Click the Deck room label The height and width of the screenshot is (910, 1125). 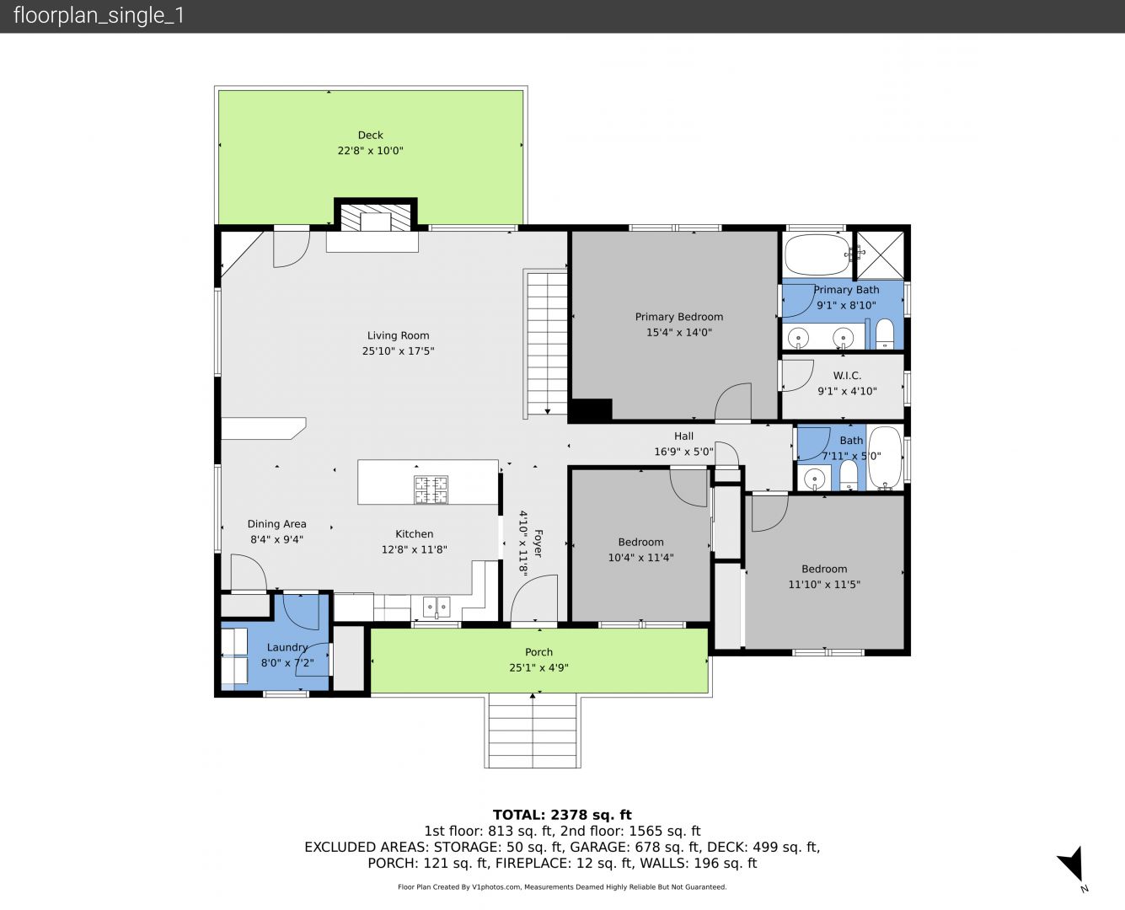(x=370, y=135)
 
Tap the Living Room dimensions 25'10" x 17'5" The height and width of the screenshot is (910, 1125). (x=399, y=351)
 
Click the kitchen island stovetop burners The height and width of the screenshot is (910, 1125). (x=431, y=490)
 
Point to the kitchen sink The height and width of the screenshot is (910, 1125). (x=437, y=608)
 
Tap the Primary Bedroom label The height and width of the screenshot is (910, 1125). (x=679, y=317)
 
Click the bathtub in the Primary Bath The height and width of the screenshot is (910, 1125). (x=817, y=254)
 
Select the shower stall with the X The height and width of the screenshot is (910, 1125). (x=880, y=255)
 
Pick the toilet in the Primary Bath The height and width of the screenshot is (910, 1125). (x=885, y=334)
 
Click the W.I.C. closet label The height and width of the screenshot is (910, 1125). (x=847, y=376)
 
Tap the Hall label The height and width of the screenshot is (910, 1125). (x=683, y=436)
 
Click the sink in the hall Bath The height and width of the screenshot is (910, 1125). (x=815, y=479)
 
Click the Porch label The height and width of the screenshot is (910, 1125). (x=538, y=652)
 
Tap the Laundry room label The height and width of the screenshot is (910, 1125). (x=287, y=647)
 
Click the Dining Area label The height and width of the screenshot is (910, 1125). (x=276, y=524)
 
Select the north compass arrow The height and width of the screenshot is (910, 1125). (x=1072, y=864)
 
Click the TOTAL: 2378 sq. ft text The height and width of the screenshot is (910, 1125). (x=562, y=815)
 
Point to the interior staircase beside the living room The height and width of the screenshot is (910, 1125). (x=547, y=343)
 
